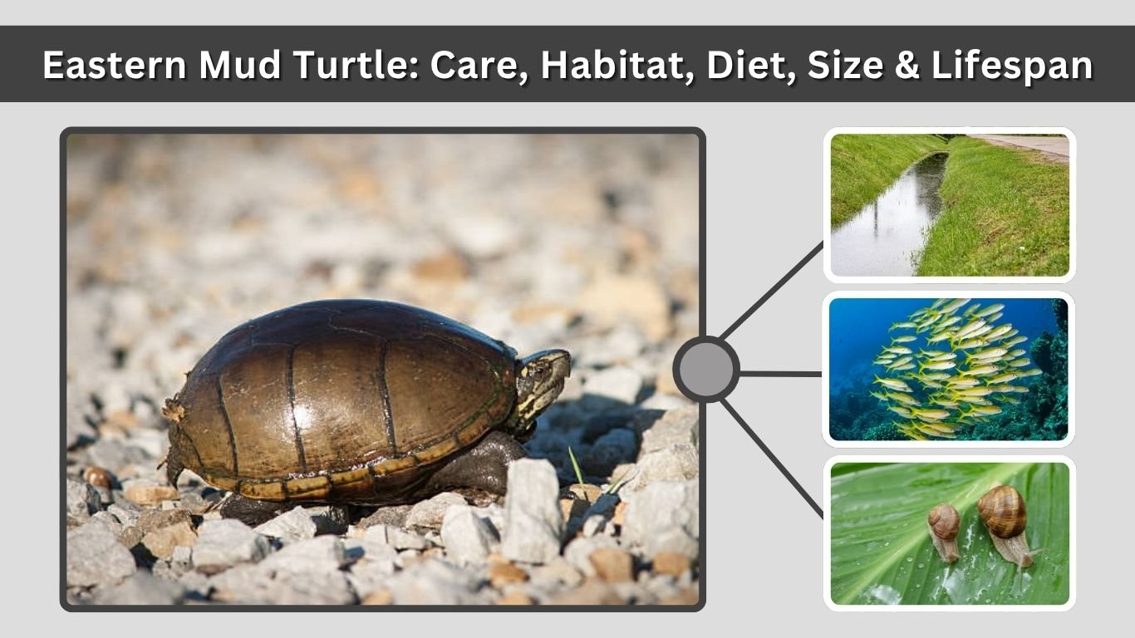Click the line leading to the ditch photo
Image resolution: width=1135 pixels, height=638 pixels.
pyautogui.click(x=774, y=290)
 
